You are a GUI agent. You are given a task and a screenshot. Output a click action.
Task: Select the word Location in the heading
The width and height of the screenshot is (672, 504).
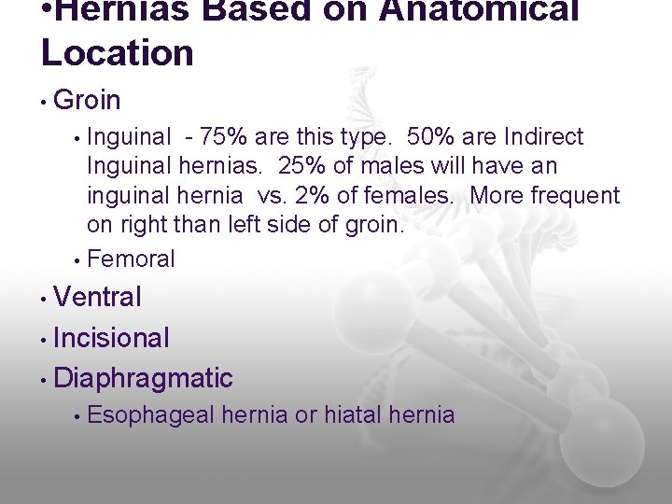pos(118,52)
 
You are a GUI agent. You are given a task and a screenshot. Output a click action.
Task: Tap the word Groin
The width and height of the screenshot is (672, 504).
pos(88,99)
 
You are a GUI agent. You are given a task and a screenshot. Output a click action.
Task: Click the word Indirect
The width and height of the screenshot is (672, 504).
pos(543,137)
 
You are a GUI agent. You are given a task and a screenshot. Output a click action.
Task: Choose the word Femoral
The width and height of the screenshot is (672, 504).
pos(131,259)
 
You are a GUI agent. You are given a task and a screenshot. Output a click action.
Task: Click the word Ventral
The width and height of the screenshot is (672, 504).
pos(98,298)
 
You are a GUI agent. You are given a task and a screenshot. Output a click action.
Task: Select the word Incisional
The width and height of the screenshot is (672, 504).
pos(112,338)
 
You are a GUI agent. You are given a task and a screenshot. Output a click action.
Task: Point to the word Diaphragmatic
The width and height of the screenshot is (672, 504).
pos(144,378)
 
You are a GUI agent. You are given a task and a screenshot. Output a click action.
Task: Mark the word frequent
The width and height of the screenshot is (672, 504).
pos(576,196)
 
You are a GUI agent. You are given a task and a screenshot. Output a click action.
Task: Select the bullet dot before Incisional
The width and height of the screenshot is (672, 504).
pos(44,338)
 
